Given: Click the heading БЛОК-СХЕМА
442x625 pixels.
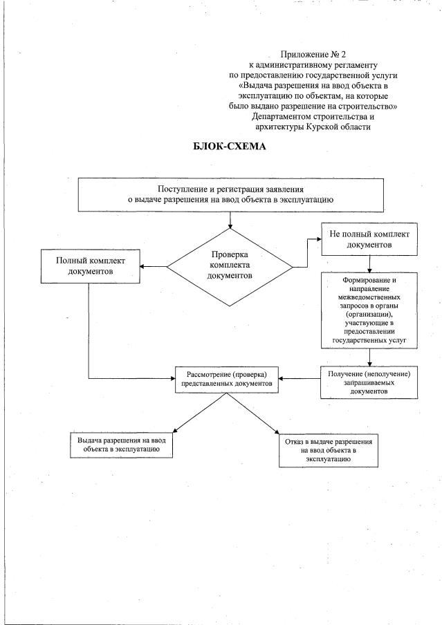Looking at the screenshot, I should tap(229, 147).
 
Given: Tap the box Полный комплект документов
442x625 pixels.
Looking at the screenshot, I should tap(89, 266).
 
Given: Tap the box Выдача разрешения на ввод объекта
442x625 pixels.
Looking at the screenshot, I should tap(120, 444).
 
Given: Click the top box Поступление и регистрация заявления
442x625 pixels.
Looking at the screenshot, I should tap(228, 194).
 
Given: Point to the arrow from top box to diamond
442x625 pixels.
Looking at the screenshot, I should tap(229, 219).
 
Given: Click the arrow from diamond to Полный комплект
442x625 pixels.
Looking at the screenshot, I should tap(153, 265).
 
